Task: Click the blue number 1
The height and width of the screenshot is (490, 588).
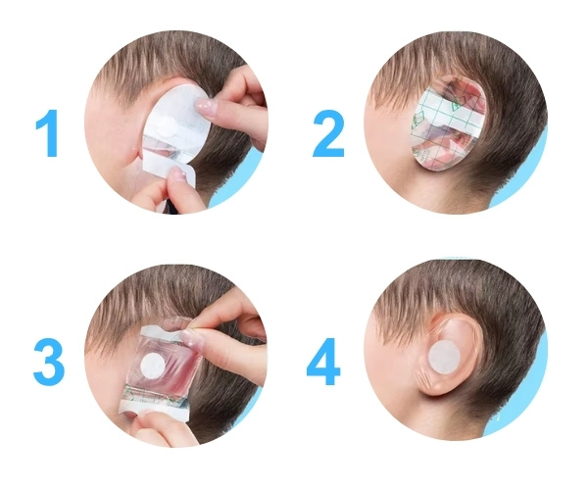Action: (48, 132)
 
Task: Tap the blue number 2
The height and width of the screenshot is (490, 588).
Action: (328, 133)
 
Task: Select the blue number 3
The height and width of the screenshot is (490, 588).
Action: (49, 362)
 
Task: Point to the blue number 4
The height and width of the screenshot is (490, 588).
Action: (323, 362)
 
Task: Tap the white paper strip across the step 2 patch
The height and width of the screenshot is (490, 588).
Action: (450, 118)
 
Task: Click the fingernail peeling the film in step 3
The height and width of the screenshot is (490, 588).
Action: (190, 337)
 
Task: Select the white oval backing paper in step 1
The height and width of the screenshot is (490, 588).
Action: (176, 120)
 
